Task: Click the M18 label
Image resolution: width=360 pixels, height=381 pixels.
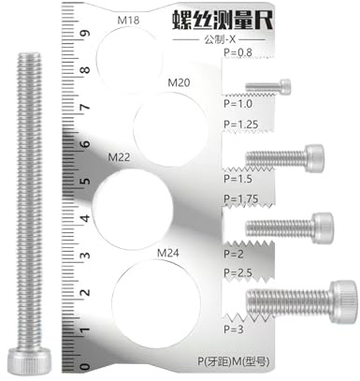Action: (x=128, y=21)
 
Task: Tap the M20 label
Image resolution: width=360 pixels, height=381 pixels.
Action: (x=179, y=82)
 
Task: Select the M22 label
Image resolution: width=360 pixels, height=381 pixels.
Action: (x=119, y=157)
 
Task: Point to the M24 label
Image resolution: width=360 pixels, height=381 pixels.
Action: (x=168, y=253)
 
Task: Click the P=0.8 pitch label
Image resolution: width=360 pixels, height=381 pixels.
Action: (x=238, y=52)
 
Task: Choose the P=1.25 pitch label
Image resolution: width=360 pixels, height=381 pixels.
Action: (x=241, y=125)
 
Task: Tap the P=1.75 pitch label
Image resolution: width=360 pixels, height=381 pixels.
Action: (x=241, y=198)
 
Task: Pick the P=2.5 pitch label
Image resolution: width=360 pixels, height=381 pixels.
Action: (x=238, y=272)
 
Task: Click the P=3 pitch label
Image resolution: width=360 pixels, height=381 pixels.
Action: (x=234, y=330)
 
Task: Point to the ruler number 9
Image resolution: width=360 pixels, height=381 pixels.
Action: (x=85, y=33)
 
